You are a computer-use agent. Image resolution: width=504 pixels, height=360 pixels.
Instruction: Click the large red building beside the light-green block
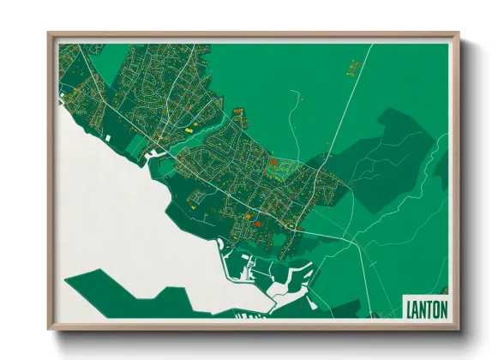click(273, 161)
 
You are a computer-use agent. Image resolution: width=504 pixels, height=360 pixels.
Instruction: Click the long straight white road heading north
click(351, 103)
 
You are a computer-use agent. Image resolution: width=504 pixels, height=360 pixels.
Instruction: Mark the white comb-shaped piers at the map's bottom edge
click(249, 317)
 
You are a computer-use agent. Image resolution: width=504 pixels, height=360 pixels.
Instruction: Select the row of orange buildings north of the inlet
click(238, 111)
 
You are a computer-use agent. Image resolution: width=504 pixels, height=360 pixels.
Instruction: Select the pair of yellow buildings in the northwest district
click(189, 124)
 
